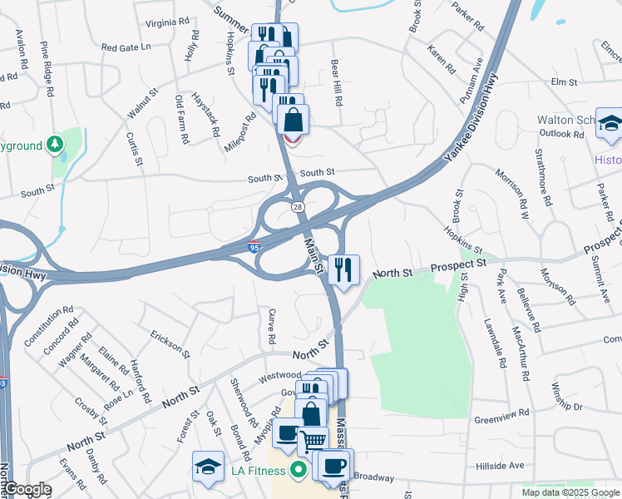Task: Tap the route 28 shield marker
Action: (297, 205)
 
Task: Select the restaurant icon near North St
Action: (343, 269)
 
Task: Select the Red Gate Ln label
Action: (126, 47)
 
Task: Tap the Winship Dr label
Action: (566, 394)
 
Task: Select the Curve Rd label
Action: (271, 327)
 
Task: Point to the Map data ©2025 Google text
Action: (570, 492)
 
